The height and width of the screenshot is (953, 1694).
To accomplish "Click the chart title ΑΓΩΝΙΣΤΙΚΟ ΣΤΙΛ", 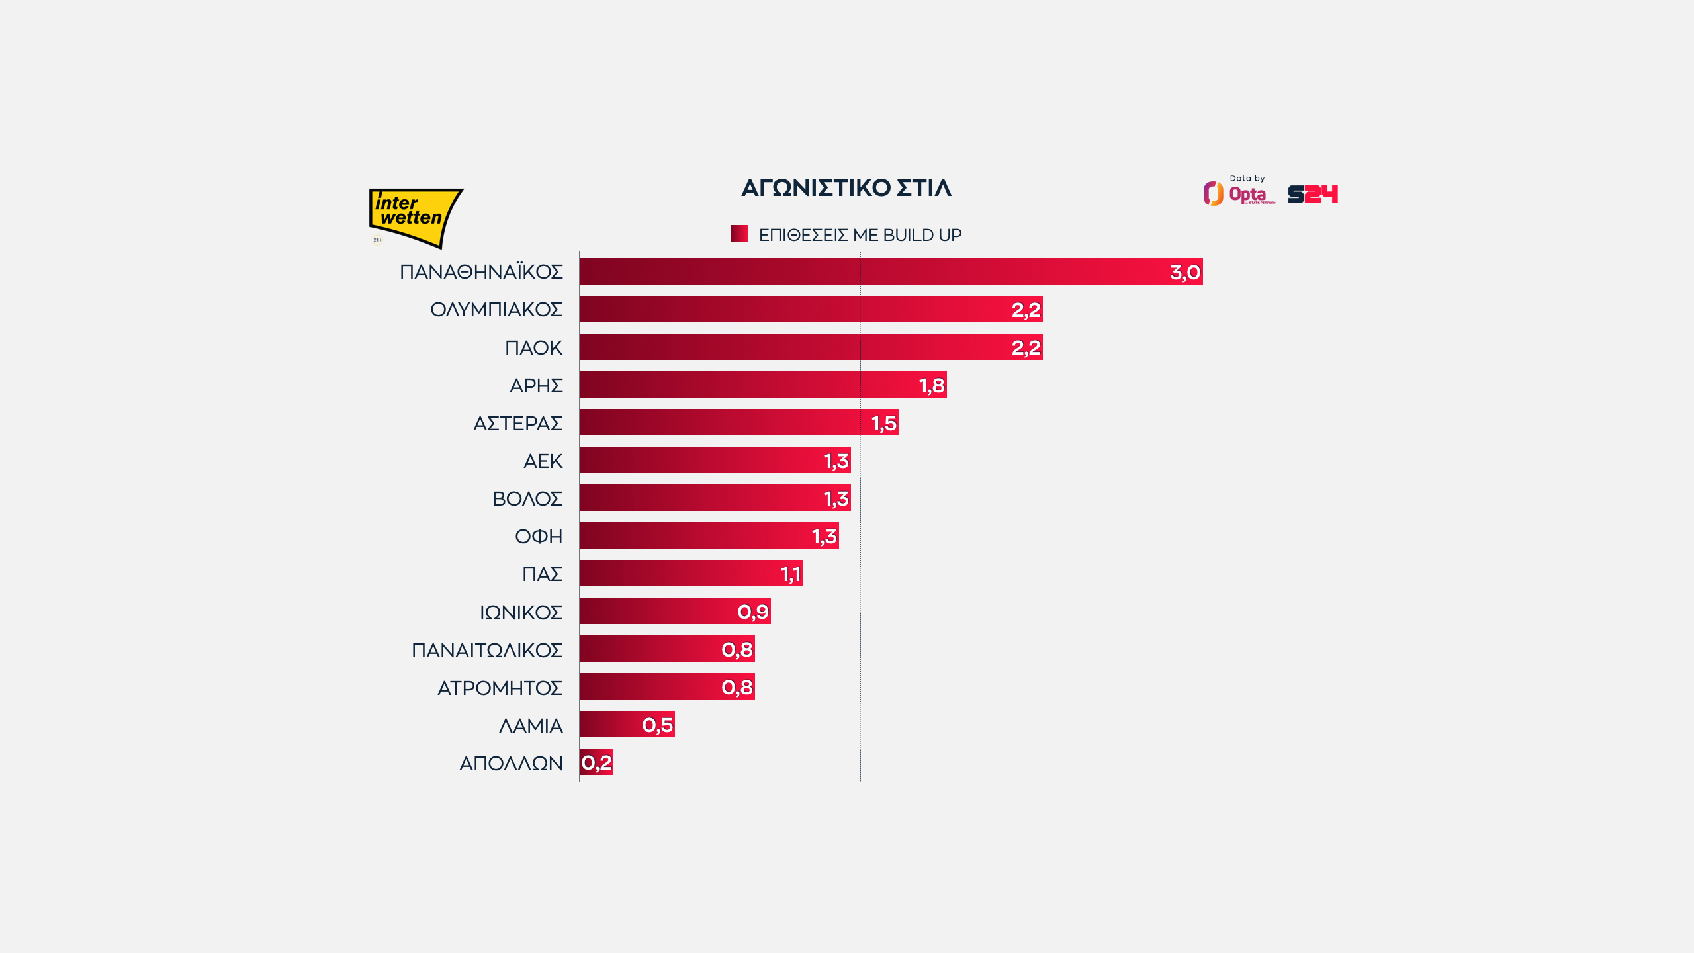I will point(846,188).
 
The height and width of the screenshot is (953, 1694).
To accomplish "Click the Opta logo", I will point(1239,193).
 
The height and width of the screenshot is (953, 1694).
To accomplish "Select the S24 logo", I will point(1313,194).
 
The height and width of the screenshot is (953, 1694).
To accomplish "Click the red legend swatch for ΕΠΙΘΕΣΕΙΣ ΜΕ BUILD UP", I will point(739,234).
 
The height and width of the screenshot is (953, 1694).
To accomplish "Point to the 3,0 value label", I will point(1184,272).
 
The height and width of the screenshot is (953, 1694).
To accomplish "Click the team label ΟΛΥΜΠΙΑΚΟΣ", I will point(496,309).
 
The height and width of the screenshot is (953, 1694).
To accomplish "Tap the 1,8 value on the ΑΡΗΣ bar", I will point(931,385).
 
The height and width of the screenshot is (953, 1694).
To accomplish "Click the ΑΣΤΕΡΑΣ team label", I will point(517,423).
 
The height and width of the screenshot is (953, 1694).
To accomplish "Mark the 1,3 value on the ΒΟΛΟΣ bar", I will point(836,498).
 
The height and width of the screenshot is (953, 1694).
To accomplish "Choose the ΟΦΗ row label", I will point(538,536).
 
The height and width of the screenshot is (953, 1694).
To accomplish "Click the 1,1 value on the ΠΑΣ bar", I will point(791,574).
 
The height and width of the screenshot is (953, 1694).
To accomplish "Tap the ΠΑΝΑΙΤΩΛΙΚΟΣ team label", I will point(486,650).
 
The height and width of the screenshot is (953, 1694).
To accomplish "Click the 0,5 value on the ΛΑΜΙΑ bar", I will point(657,725).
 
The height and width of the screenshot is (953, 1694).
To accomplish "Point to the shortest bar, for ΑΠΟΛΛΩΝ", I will point(596,762).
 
